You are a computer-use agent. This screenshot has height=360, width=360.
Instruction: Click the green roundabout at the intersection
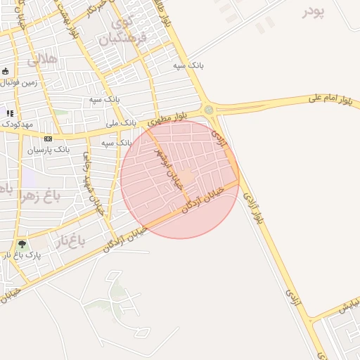(x=209, y=110)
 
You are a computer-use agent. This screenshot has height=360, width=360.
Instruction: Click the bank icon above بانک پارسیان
(x=48, y=139)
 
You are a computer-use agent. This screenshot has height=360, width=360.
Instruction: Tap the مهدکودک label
(x=18, y=124)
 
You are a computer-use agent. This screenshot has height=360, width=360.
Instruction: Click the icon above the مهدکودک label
(x=10, y=112)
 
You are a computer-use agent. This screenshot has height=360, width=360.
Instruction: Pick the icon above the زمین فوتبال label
(x=6, y=72)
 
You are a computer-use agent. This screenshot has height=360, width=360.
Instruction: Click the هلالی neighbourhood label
(x=42, y=60)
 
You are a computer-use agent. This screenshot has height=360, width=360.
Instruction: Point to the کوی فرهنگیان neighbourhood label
(x=127, y=31)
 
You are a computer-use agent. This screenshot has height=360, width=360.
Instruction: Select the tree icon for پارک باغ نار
(x=22, y=244)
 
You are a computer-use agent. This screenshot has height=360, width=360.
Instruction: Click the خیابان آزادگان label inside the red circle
(x=203, y=200)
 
